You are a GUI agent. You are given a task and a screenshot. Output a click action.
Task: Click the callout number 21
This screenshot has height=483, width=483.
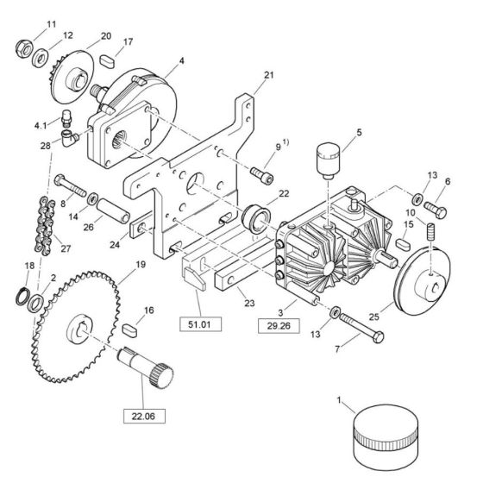coord(268,75)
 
